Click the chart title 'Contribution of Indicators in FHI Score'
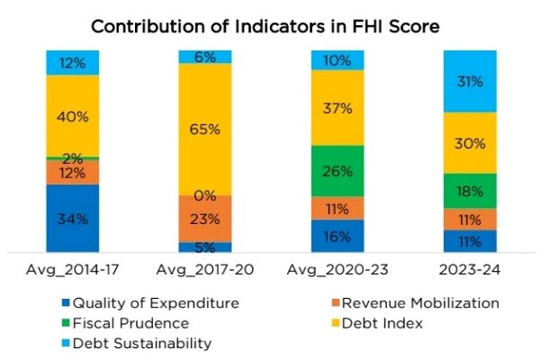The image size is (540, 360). (x=270, y=26)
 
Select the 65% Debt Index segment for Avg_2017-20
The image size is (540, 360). (x=205, y=130)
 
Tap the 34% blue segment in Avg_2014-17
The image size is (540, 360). (x=73, y=219)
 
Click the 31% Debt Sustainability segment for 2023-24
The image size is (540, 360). (x=469, y=81)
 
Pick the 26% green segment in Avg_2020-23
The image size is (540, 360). (x=337, y=171)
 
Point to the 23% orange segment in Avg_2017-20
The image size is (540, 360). (x=205, y=218)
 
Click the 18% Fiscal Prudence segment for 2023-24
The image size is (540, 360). (x=469, y=191)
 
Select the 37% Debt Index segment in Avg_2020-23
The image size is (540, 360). (x=337, y=107)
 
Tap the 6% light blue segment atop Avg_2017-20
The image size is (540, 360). (x=205, y=57)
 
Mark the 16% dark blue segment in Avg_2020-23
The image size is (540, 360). (x=337, y=237)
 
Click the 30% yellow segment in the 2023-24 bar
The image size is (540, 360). (x=469, y=142)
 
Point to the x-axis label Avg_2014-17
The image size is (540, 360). (x=73, y=270)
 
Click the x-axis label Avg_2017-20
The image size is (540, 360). (x=205, y=270)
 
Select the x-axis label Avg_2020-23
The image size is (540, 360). (x=337, y=270)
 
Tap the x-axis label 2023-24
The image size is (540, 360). (x=469, y=270)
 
